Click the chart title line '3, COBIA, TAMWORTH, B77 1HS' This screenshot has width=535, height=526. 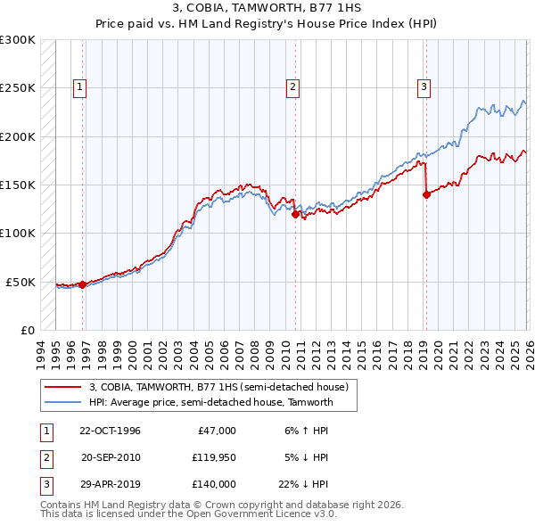tap(267, 10)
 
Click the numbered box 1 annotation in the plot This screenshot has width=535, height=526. tap(80, 87)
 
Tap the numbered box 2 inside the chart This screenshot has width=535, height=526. tap(292, 87)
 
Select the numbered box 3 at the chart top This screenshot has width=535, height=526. tap(424, 87)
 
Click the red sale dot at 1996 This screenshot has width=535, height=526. tap(83, 284)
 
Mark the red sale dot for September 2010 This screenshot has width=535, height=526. tap(295, 214)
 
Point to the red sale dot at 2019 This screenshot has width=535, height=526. tap(426, 195)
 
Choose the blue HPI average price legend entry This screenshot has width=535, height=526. tap(210, 402)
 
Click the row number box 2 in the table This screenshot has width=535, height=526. tap(45, 457)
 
